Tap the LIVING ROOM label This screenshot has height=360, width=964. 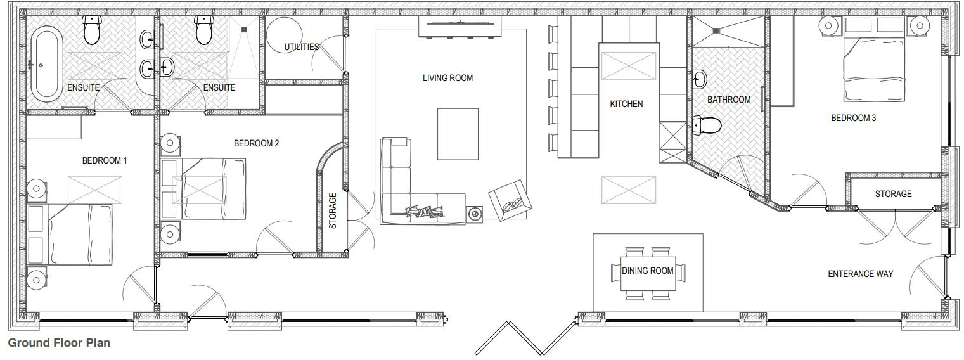coord(447,79)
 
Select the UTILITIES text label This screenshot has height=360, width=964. coord(301,47)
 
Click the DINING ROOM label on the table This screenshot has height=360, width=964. coord(648,271)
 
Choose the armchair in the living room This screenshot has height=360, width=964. coord(510,200)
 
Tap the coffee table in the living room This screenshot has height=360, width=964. coord(458,134)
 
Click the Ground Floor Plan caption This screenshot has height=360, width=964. coord(59,343)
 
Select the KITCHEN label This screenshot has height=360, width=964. coord(626,104)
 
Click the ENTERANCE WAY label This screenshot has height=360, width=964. coord(860,274)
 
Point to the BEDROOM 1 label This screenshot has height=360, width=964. coord(105,160)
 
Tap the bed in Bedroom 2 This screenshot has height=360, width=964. coord(213,188)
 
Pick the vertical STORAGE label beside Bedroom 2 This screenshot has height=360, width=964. coord(333,210)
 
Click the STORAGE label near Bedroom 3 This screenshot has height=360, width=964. coord(893,194)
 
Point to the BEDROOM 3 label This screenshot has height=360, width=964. coord(853,118)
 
